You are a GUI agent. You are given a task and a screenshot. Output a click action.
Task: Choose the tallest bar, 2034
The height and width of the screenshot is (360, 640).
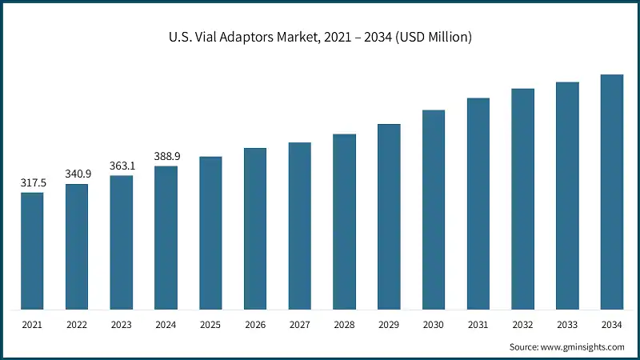pos(612,192)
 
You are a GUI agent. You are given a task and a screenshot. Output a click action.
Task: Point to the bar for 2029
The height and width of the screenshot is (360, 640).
pos(389,217)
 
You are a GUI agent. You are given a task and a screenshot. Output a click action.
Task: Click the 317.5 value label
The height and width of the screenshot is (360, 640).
pos(33,183)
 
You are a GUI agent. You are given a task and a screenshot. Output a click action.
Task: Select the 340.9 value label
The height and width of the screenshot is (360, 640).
pos(78,174)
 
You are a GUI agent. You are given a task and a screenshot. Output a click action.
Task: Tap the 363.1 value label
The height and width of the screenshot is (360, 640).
pos(122,166)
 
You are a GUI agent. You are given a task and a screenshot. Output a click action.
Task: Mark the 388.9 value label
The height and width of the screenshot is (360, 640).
pos(166,156)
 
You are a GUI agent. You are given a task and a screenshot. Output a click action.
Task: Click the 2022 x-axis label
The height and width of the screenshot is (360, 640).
pos(77,325)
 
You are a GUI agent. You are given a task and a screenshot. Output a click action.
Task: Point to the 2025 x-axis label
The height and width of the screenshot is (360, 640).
pos(210,325)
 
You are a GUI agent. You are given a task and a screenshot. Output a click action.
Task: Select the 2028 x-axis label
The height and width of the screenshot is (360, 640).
pos(345,325)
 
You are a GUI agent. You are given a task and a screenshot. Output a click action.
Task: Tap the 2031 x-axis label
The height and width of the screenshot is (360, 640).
pos(478,325)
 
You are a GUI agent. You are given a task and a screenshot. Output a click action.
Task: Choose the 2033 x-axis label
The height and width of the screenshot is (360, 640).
pos(567,325)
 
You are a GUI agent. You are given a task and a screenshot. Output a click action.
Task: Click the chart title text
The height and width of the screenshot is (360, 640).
pos(320,38)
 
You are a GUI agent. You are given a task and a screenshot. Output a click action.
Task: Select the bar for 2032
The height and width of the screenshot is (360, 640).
pos(523,199)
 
